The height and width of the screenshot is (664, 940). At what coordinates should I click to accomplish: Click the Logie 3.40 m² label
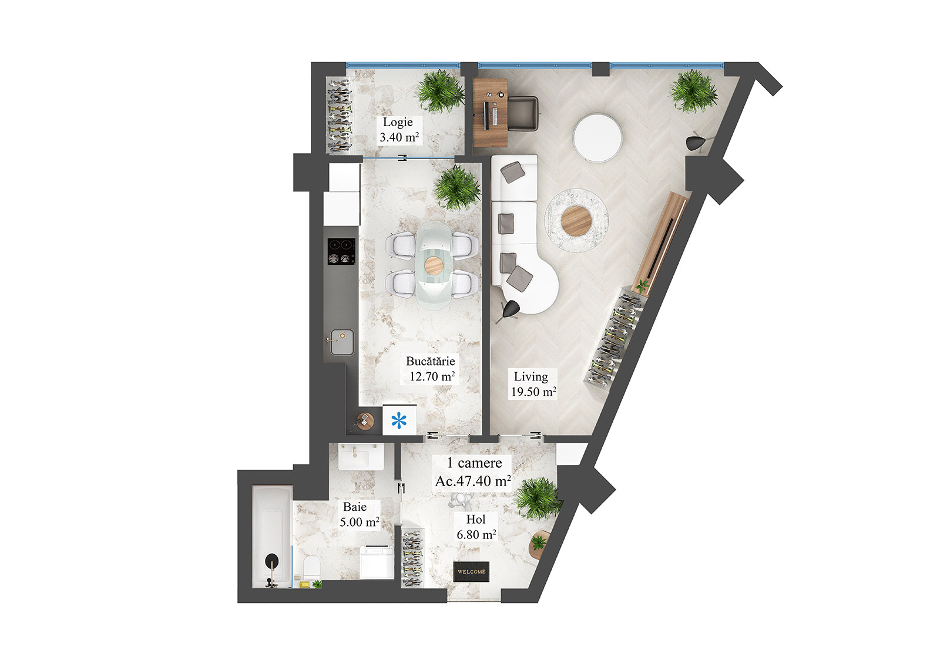pos(399,130)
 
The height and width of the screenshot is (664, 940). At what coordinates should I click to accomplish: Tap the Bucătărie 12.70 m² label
pos(431,369)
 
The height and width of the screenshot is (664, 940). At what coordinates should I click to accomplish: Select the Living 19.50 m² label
pos(532,384)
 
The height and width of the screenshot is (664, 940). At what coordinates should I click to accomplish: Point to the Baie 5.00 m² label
pos(358,514)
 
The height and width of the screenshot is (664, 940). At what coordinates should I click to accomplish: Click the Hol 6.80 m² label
pos(476,527)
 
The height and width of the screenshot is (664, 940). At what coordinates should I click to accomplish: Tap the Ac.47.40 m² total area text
pos(473,481)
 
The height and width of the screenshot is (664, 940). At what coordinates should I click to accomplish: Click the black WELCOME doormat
pos(471,571)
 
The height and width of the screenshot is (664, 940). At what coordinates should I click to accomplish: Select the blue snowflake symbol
pos(399,420)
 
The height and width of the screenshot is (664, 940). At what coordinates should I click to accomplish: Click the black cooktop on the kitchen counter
pos(341,251)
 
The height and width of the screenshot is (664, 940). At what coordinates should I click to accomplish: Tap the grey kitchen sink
pos(342,342)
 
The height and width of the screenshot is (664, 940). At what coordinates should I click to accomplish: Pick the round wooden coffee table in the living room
pos(576,221)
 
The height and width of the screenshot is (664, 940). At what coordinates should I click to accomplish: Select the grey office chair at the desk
pos(523,114)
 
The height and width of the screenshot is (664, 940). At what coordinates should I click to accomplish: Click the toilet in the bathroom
pos(311,567)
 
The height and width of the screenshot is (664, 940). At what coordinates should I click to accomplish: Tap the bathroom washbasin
pos(361,456)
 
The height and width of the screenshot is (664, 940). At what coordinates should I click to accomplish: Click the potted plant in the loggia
pos(439,91)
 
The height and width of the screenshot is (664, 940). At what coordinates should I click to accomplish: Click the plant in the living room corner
pos(694,91)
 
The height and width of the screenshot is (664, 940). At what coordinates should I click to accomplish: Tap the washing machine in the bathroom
pos(376,562)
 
